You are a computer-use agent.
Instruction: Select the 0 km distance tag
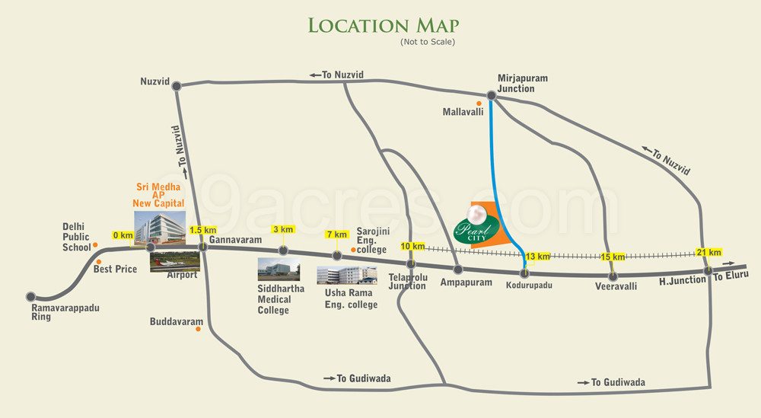[x=123, y=235]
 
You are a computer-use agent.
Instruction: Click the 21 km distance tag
[x=708, y=252]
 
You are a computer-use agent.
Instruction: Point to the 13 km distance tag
[x=537, y=256]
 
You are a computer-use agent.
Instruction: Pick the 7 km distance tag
[x=336, y=234]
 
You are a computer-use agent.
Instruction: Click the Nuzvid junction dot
[x=177, y=87]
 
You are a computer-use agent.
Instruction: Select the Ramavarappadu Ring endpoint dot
[x=31, y=296]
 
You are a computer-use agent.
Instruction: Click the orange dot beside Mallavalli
[x=479, y=104]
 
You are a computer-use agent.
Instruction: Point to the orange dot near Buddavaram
[x=199, y=329]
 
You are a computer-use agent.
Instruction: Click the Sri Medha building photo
[x=159, y=227]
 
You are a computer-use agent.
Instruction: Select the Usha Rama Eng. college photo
[x=346, y=275]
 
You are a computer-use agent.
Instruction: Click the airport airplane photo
[x=175, y=260]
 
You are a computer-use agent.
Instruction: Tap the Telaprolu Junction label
[x=407, y=282]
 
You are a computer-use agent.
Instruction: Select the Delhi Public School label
[x=77, y=237]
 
